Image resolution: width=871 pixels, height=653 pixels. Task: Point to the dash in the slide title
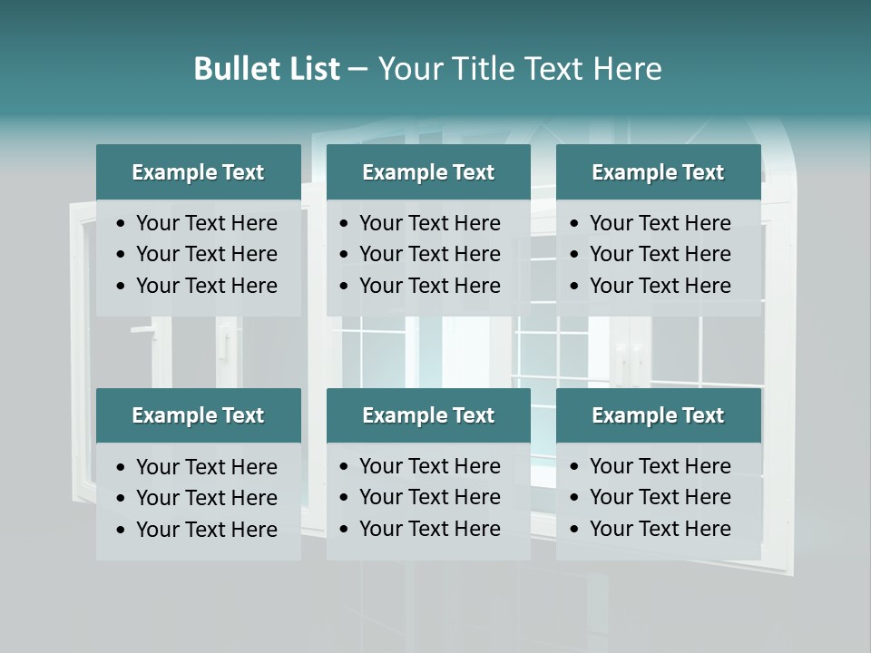(357, 70)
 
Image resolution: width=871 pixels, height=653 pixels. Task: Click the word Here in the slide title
(627, 69)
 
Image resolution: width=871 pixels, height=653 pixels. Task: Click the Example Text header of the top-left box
(198, 172)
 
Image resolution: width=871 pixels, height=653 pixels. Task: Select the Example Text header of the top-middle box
(428, 172)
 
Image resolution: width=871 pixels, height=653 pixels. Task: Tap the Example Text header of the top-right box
(658, 172)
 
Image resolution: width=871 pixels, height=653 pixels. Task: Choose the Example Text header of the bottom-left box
(198, 415)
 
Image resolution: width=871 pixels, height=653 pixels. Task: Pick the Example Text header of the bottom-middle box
(428, 415)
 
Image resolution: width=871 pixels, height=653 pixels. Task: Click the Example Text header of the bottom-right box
(658, 415)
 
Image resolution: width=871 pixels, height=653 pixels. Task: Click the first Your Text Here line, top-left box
(206, 223)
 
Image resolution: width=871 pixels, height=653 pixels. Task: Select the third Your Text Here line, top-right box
(660, 286)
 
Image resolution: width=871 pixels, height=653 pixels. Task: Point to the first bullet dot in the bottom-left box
(122, 468)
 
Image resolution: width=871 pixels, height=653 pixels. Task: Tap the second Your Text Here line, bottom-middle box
(429, 497)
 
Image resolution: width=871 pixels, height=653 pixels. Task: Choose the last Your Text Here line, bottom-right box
(660, 529)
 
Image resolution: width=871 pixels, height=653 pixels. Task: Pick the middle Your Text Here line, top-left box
(206, 254)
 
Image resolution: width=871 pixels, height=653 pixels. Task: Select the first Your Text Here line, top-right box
(660, 223)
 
